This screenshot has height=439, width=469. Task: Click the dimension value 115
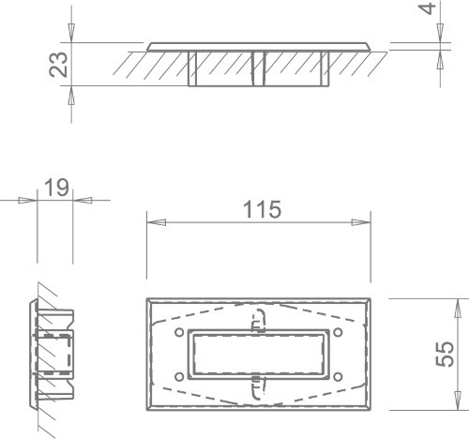pos(262,209)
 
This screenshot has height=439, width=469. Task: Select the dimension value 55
pos(445,354)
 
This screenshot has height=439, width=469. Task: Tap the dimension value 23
pos(58,64)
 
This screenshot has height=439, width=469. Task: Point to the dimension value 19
pos(56,188)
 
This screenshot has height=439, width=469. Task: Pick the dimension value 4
pos(428,8)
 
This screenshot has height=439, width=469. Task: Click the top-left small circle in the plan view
pos(179,332)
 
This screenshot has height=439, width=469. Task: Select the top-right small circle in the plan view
pos(338,332)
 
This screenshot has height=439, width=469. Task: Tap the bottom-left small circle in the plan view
pos(179,377)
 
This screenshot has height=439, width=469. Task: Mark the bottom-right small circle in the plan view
pos(338,377)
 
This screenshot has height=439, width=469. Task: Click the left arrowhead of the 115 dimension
pos(156,222)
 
